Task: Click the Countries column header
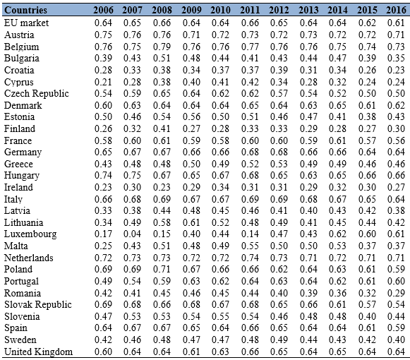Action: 25,10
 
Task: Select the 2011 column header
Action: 250,10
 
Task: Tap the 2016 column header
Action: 396,10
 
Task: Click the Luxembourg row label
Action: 30,234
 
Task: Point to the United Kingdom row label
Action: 38,352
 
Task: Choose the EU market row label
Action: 26,23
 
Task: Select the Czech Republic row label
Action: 37,94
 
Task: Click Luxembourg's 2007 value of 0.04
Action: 132,234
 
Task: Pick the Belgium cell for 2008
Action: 162,47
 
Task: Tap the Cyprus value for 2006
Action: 103,82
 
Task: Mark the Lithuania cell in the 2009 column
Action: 191,222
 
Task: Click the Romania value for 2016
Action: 396,293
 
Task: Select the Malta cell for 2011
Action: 250,246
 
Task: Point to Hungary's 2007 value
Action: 132,175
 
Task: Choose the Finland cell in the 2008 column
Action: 162,128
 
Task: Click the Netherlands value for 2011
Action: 250,258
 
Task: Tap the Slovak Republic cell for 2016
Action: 396,304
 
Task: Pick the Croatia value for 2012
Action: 279,70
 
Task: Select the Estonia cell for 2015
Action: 367,117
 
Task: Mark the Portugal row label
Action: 21,282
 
